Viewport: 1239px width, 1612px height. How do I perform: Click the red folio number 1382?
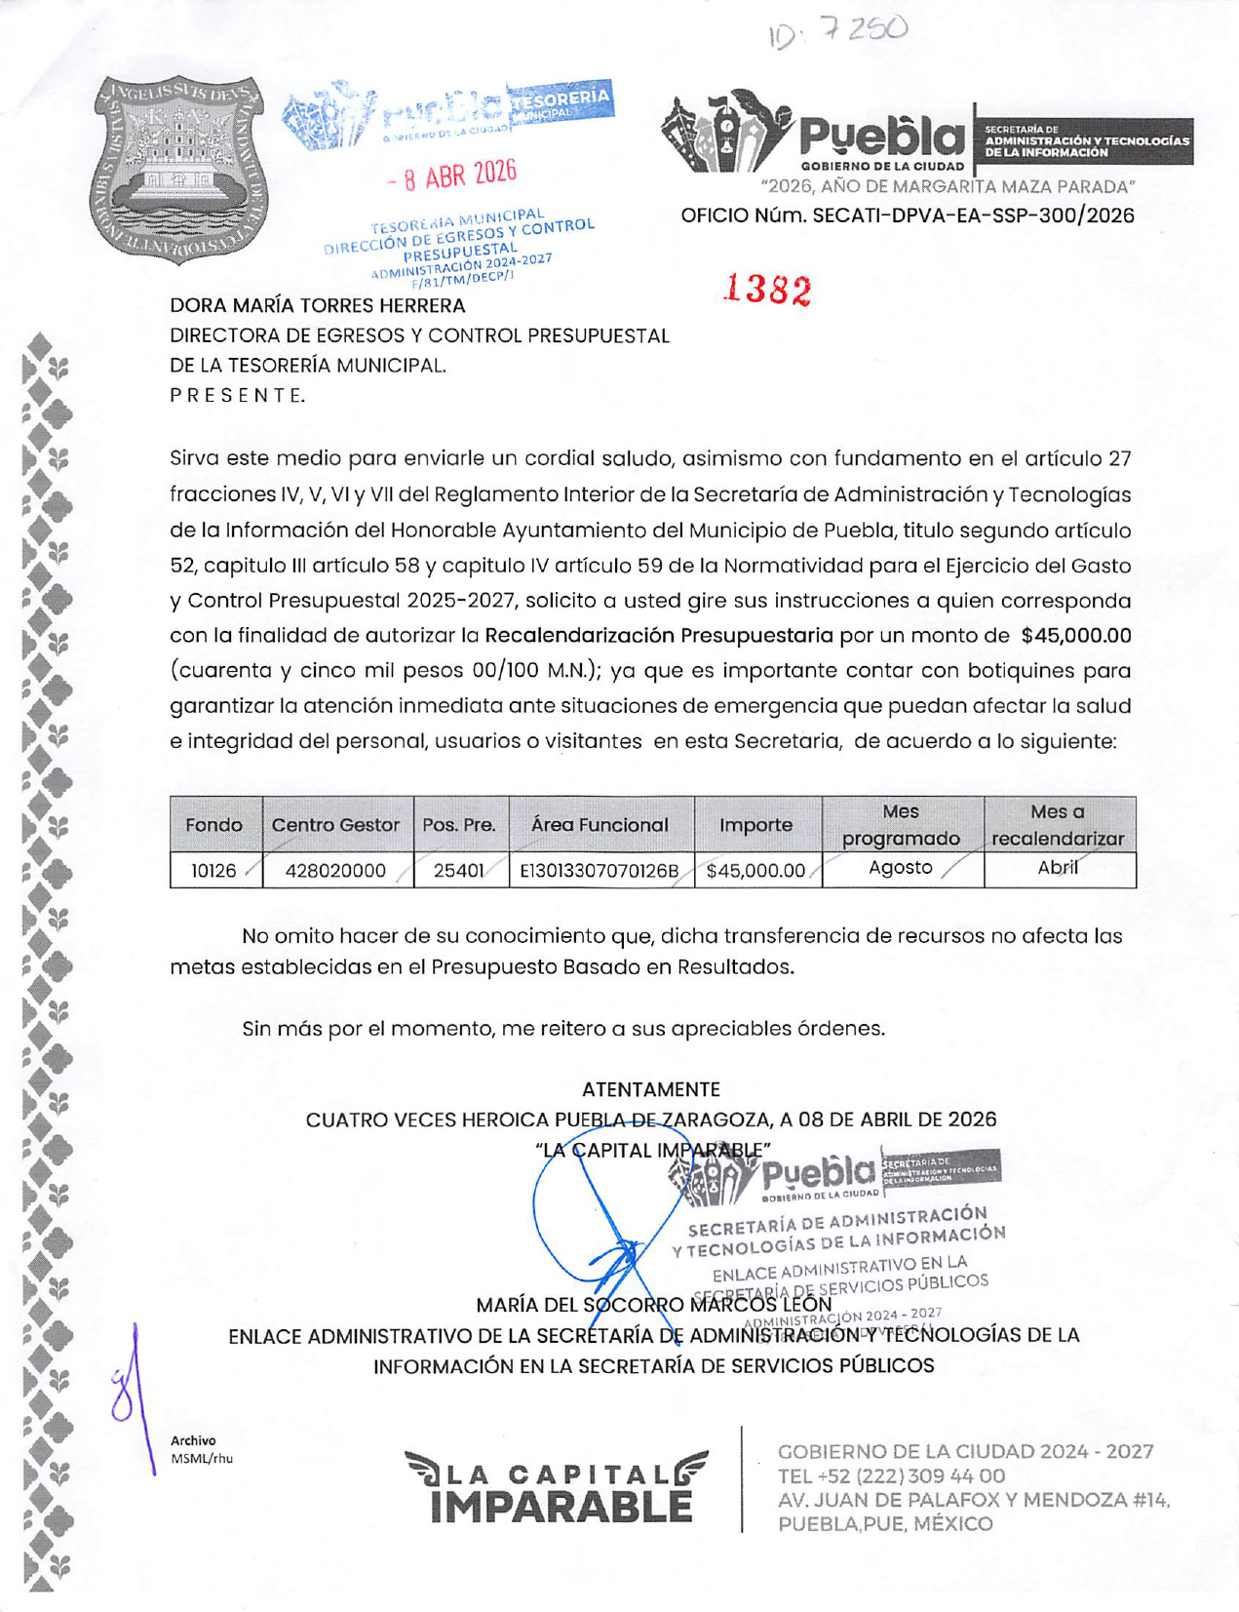pos(767,290)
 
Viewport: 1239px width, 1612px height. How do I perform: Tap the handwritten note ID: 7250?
pos(837,32)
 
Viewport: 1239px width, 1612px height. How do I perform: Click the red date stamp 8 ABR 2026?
pos(450,176)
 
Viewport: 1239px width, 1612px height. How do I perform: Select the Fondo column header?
pos(213,825)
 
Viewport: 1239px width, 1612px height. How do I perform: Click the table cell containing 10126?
pos(213,870)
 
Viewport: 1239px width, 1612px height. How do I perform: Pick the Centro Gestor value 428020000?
pos(335,870)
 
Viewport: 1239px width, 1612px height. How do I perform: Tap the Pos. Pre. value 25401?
pos(459,870)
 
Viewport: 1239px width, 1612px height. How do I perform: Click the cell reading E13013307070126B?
pos(600,870)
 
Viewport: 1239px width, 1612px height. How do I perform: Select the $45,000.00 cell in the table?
pos(756,870)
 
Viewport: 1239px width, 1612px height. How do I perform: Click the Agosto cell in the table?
pos(901,867)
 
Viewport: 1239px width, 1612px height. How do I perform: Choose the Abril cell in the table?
pos(1058,867)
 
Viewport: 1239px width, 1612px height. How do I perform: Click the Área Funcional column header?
pos(600,825)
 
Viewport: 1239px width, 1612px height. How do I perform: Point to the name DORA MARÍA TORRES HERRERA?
pos(318,306)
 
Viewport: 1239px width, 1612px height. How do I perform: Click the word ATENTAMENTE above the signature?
pos(650,1089)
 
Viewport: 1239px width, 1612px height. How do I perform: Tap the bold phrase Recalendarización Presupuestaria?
pos(659,636)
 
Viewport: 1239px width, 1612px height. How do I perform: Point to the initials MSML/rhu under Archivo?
pos(202,1459)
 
